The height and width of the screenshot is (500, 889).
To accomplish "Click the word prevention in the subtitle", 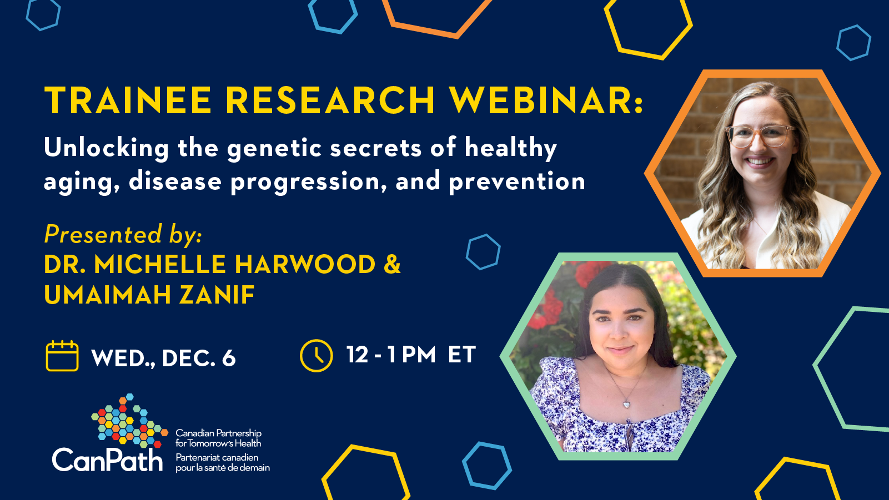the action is pos(517,182).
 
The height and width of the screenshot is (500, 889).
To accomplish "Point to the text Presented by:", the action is pos(123,234).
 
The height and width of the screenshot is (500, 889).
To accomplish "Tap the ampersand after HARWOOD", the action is pos(393,264).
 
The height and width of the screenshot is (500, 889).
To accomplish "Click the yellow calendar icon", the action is pos(62,356).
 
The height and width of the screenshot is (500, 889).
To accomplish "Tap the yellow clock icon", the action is pos(317,356).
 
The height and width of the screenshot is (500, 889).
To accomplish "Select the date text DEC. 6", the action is pos(199,357).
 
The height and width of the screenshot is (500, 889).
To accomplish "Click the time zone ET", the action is pos(462,354).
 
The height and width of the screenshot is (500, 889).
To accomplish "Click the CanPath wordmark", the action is pos(107,460).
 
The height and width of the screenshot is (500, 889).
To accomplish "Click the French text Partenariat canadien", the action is pos(217,457).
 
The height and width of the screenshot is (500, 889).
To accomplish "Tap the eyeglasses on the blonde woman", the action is pos(759,136).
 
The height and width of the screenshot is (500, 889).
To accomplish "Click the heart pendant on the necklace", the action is pos(626,405).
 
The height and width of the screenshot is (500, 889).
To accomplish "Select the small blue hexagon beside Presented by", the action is pos(483,252).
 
